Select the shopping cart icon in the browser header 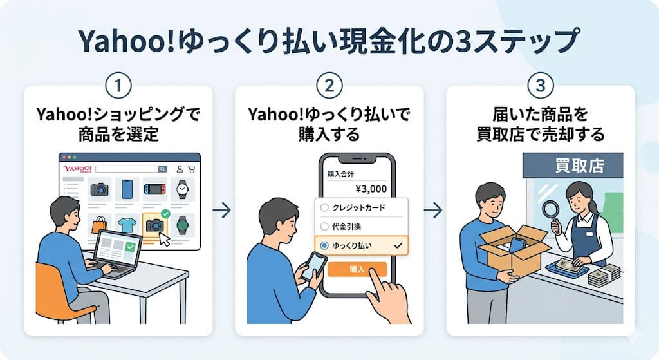[x=191, y=169]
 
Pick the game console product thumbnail [x=154, y=189]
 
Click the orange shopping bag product [x=100, y=225]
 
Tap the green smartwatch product [x=183, y=225]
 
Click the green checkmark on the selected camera [x=165, y=213]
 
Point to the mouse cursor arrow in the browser [x=165, y=239]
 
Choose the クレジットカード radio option [x=324, y=207]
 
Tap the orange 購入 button [x=356, y=269]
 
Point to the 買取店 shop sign [x=579, y=165]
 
